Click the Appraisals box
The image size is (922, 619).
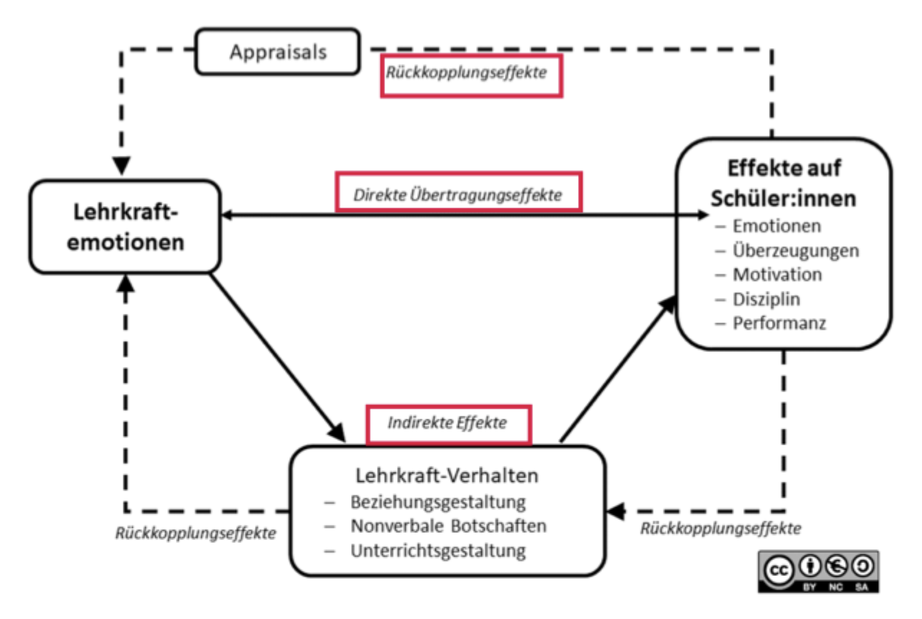coord(277,52)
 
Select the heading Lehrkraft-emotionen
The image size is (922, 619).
coord(125,226)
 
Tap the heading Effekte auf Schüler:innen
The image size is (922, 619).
coord(783,183)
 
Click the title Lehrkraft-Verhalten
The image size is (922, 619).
coord(447,475)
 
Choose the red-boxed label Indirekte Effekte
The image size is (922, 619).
coord(448,423)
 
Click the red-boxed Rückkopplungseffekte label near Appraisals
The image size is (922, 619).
coord(471,74)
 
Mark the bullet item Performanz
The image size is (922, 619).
coord(779,323)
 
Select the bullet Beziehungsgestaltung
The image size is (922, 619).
coord(438,501)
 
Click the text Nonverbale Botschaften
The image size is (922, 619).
coord(448,526)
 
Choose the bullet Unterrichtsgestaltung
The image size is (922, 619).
coord(438,551)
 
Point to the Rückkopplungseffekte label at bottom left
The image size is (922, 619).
coord(196,534)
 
